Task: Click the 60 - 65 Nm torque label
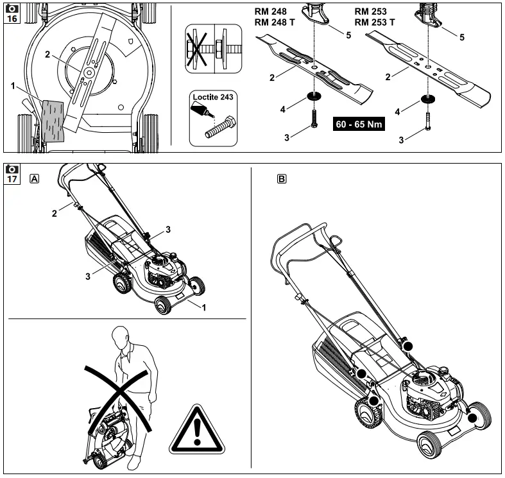click(x=359, y=124)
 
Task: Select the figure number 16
click(x=12, y=19)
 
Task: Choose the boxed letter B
click(x=281, y=179)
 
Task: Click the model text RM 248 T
click(x=275, y=22)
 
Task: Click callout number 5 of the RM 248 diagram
click(x=348, y=35)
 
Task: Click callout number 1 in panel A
click(x=203, y=307)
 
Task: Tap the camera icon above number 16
click(x=12, y=8)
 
